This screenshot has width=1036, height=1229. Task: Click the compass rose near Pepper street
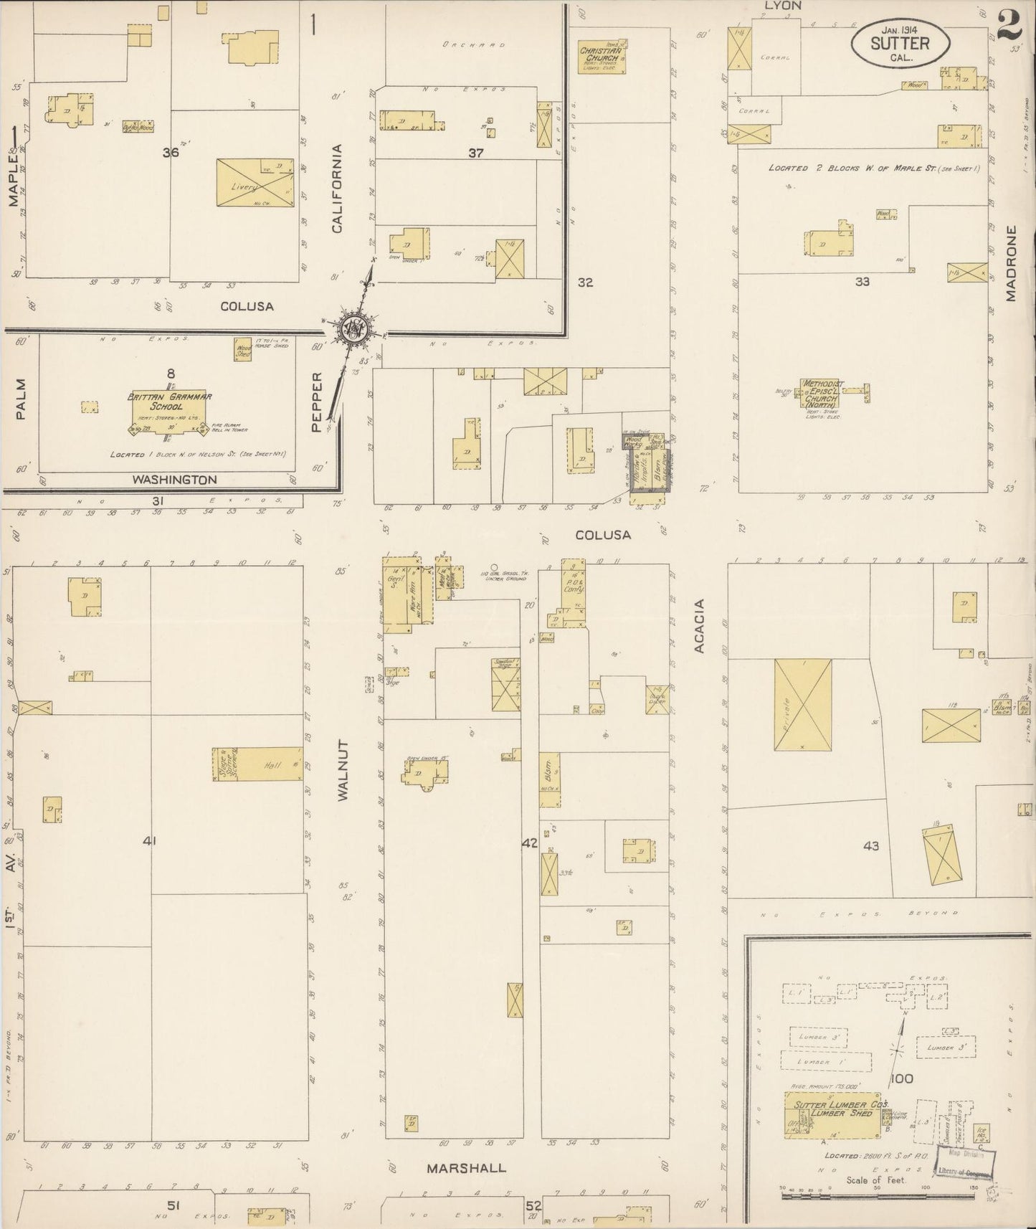point(353,328)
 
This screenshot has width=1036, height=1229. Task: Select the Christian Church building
point(602,55)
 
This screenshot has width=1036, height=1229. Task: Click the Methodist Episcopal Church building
point(821,393)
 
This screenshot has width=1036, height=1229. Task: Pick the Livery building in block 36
point(255,183)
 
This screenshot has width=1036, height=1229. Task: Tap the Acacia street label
point(700,626)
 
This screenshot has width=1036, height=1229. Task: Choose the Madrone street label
point(1011,263)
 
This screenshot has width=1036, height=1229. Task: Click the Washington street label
point(175,480)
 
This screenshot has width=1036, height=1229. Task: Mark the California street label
point(337,189)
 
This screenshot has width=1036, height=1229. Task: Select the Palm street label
point(20,399)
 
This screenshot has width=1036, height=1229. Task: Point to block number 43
point(871,846)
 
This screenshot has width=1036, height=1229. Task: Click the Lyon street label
point(782,6)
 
